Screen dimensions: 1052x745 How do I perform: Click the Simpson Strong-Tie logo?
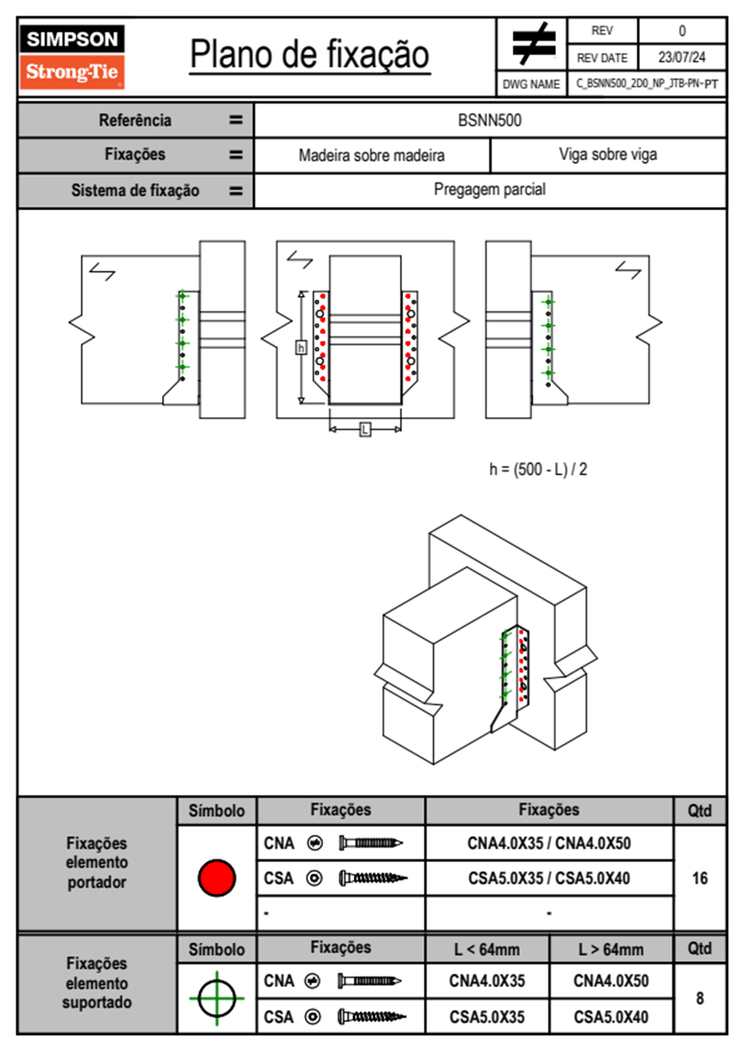(72, 56)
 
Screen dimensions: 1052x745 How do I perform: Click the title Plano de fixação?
(309, 54)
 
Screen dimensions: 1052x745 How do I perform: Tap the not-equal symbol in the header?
(533, 44)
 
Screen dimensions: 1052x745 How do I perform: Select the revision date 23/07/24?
(681, 58)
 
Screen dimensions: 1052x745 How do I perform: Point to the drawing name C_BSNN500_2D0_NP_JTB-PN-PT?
(647, 84)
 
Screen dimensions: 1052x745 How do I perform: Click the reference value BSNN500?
(490, 121)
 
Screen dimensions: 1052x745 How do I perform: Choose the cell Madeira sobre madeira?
(371, 156)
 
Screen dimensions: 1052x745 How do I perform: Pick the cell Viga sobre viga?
(607, 155)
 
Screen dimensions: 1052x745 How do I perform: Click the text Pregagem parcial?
(490, 190)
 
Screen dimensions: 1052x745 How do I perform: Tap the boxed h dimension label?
(301, 348)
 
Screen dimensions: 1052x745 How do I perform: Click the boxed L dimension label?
(365, 430)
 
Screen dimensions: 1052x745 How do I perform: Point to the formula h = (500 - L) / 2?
(538, 470)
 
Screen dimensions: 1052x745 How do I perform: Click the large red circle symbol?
(217, 878)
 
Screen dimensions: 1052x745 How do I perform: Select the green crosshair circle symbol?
(217, 998)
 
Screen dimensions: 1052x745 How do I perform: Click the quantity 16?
(699, 878)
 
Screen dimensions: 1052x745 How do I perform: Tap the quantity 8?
(699, 998)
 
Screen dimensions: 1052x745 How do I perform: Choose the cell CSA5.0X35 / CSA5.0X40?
(549, 878)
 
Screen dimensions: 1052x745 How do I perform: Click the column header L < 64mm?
(486, 950)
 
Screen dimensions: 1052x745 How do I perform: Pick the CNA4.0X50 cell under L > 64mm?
(610, 981)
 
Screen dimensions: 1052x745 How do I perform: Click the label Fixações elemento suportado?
(96, 983)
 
